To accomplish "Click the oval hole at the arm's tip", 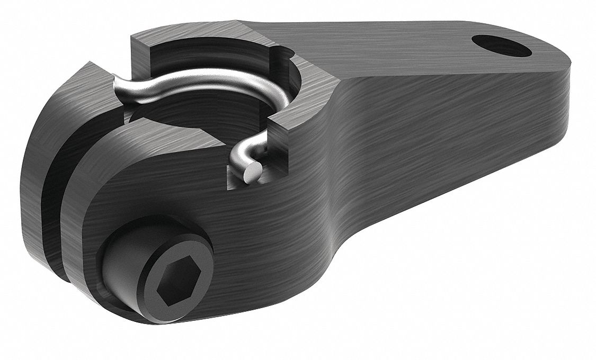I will (501, 46).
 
